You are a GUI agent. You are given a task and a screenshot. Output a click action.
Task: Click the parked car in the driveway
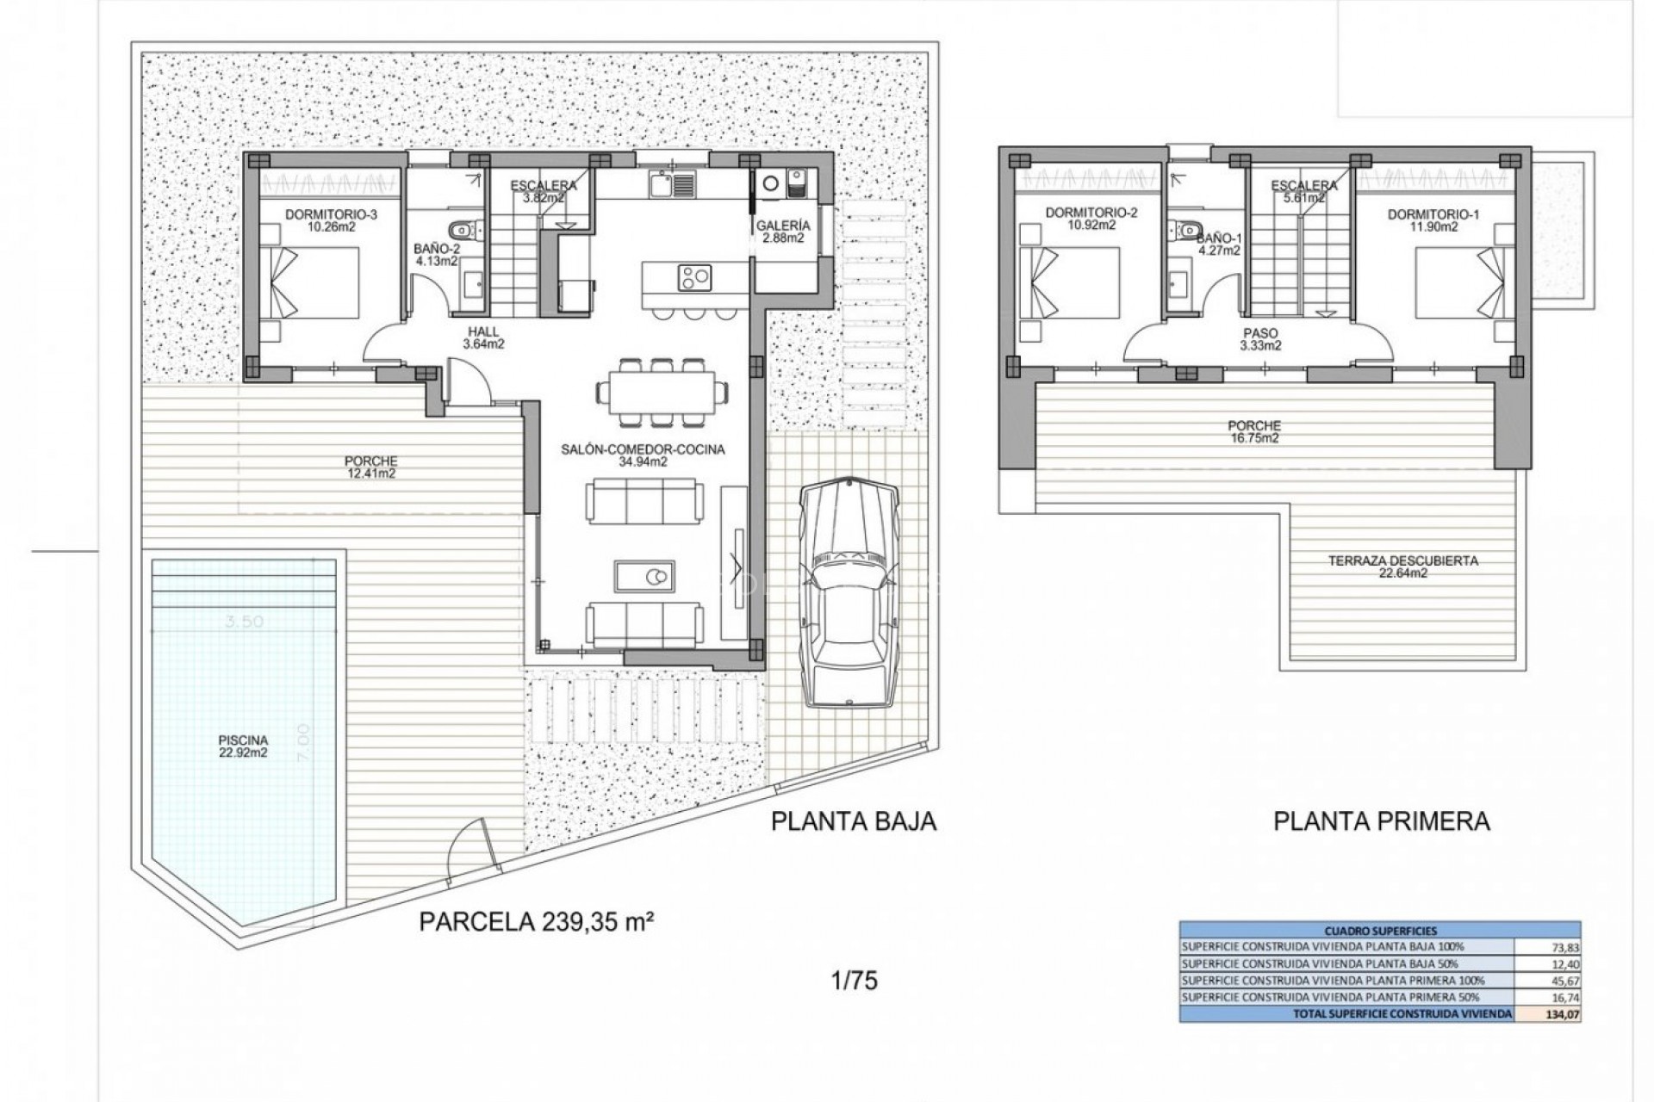tap(849, 593)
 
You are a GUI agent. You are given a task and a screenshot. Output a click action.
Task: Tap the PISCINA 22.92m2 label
tap(243, 746)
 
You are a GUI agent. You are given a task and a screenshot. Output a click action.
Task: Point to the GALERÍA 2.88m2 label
tap(782, 232)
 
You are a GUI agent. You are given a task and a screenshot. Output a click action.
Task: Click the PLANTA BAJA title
tap(853, 820)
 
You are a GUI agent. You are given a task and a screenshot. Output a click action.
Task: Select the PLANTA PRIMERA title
tap(1381, 820)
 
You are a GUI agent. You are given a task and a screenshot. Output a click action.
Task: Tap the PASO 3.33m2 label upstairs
tap(1260, 339)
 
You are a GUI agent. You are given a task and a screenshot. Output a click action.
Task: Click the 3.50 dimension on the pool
tap(244, 622)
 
